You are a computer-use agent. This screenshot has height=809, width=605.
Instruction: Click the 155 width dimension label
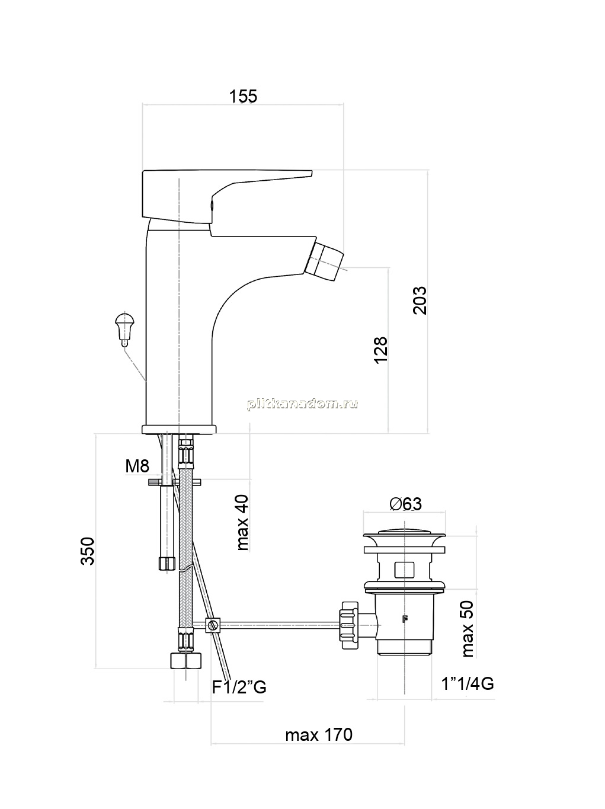[x=243, y=96]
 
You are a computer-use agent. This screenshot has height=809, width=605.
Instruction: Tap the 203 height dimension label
[x=420, y=300]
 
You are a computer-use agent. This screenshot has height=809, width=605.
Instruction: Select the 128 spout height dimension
[x=380, y=350]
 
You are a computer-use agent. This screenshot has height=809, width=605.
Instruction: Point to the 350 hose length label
[x=88, y=551]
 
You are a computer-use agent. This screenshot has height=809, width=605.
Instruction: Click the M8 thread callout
[x=137, y=466]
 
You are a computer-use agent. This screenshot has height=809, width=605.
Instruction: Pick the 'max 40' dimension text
[x=242, y=523]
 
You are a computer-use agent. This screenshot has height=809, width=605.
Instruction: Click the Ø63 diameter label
[x=406, y=504]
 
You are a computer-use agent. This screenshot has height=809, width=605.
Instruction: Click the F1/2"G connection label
[x=239, y=687]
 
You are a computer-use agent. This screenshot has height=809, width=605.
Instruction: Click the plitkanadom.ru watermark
[x=302, y=405]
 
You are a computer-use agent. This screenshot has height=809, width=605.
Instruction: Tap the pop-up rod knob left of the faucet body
[x=124, y=329]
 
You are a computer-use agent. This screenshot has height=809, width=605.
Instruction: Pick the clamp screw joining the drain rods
[x=213, y=625]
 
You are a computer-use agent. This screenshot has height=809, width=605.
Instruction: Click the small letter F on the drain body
[x=405, y=619]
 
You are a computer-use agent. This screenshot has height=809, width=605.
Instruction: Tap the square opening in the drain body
[x=405, y=570]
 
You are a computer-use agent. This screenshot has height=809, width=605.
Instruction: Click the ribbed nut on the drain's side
[x=349, y=625]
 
